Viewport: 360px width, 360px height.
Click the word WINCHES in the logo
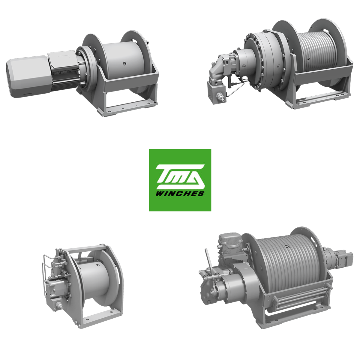pos(180,193)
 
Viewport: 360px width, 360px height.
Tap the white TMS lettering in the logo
pos(180,176)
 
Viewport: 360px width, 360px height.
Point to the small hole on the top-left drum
pos(124,64)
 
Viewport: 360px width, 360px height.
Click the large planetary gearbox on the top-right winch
pos(265,62)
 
